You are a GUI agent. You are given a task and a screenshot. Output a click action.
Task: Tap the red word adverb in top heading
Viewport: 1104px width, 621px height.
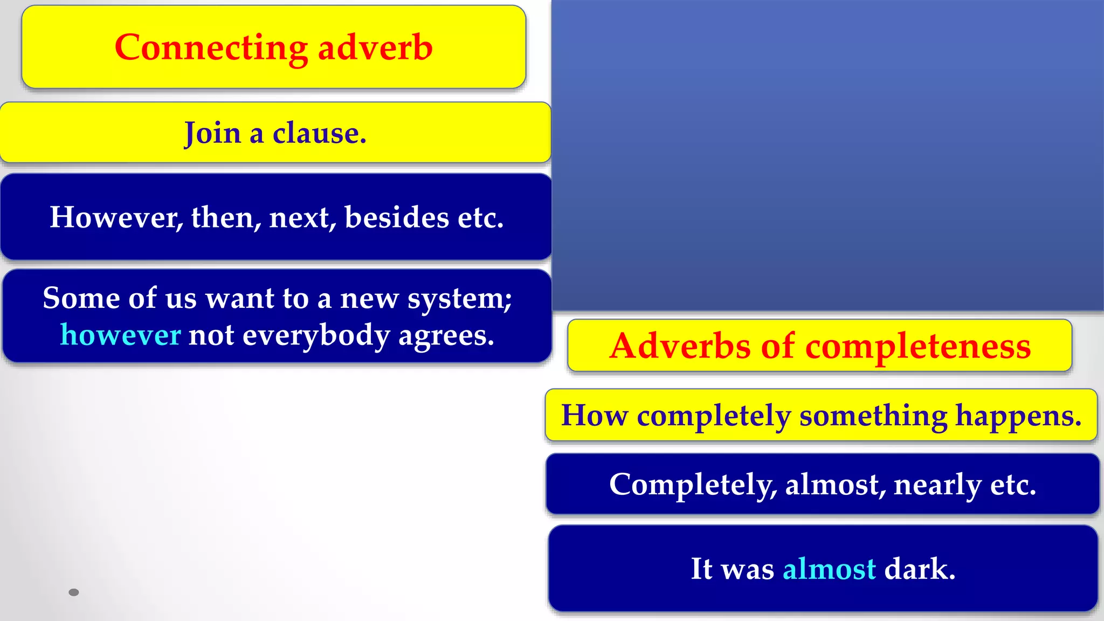point(375,47)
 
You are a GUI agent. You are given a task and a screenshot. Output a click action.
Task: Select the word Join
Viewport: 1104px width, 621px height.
point(212,133)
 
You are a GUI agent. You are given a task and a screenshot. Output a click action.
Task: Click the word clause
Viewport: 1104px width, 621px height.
point(319,133)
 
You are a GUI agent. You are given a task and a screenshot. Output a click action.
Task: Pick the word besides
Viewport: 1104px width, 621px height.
point(396,217)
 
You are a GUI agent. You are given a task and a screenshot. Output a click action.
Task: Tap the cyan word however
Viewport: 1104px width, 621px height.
point(121,335)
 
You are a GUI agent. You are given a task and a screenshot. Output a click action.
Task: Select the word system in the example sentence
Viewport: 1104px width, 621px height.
point(458,298)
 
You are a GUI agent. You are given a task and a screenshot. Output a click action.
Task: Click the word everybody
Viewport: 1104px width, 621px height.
point(316,335)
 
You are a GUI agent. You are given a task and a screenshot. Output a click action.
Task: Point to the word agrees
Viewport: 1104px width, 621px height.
point(446,335)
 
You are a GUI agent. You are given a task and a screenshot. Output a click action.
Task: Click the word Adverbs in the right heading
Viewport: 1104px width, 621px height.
point(681,346)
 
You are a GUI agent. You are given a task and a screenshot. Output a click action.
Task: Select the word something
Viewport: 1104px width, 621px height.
point(873,416)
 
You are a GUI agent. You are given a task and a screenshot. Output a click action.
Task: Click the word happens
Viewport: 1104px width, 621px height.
point(1018,416)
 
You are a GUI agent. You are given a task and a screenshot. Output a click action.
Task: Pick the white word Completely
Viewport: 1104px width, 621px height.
point(693,484)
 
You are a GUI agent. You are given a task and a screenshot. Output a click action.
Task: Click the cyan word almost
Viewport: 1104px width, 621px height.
point(829,569)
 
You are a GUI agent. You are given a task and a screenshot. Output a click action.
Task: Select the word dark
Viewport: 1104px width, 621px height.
point(920,569)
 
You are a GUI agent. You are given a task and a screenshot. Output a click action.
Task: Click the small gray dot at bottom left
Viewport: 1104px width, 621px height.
point(74,592)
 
